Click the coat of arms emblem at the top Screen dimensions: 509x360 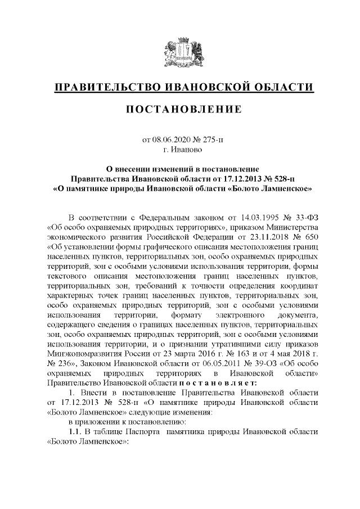[180, 52]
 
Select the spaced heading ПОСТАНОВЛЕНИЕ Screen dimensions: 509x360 [180, 109]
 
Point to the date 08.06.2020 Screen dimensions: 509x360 [170, 140]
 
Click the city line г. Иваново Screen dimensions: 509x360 [180, 150]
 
